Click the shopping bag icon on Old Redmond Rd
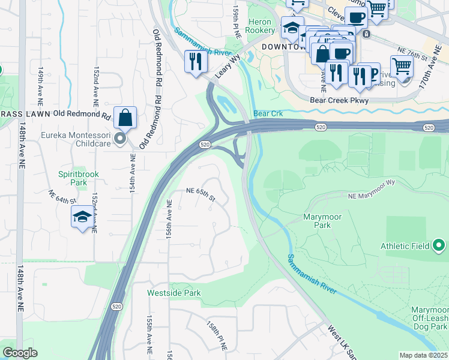(x=125, y=117)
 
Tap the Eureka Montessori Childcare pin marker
(x=120, y=139)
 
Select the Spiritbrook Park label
(x=78, y=178)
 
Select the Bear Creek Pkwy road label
(x=339, y=101)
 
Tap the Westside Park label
(x=174, y=293)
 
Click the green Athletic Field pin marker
(x=439, y=245)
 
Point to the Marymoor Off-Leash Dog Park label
(x=429, y=319)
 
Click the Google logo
(x=20, y=353)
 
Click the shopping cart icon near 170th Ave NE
(x=402, y=66)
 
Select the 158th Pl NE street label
(x=217, y=336)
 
